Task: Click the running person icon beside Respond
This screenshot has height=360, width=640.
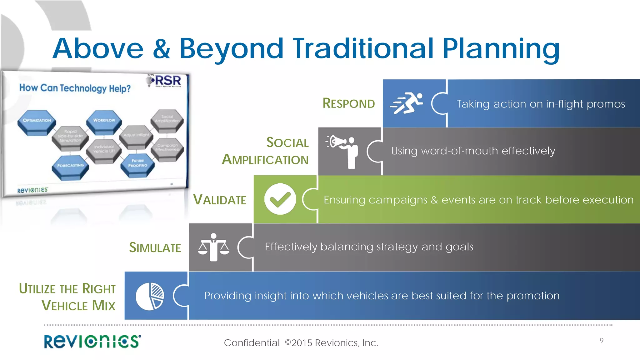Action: coord(407,103)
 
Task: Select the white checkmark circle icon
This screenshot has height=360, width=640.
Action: coord(280,199)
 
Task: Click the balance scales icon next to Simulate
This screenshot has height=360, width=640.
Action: coord(213,247)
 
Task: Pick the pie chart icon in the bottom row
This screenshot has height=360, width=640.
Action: coord(150,296)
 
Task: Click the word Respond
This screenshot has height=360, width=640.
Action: coord(348,103)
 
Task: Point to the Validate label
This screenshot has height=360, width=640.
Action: coord(220,200)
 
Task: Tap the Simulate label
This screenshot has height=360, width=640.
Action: coord(155,247)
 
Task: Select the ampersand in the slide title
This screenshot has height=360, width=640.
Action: coord(162,49)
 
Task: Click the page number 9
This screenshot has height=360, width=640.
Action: coord(602,340)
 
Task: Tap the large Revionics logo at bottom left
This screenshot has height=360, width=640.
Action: coord(92,341)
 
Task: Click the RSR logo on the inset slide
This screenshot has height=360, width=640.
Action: coord(166,81)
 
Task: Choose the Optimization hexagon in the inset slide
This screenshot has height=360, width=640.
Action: coord(37,121)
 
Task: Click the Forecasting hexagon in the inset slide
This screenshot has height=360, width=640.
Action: coord(70,166)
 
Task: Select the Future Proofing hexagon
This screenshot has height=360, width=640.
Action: coord(137,164)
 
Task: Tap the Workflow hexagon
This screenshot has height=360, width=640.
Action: coord(104,121)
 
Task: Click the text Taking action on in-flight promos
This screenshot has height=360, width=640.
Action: coord(541,104)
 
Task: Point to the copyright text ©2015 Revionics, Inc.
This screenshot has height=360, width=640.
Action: coord(332,343)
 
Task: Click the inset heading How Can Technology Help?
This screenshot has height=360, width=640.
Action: coord(75,88)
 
